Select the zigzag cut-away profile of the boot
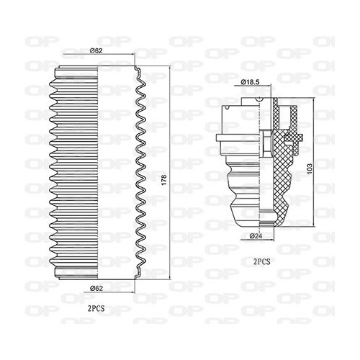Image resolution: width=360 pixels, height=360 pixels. point(141,173)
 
